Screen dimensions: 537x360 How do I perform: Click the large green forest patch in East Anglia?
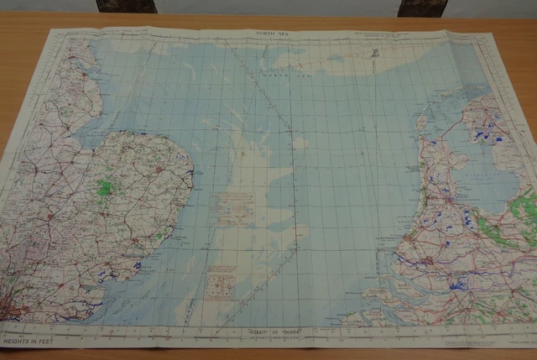[x=105, y=188]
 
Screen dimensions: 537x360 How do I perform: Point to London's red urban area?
[x=14, y=309]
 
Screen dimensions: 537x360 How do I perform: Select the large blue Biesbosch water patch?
[x=457, y=285]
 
